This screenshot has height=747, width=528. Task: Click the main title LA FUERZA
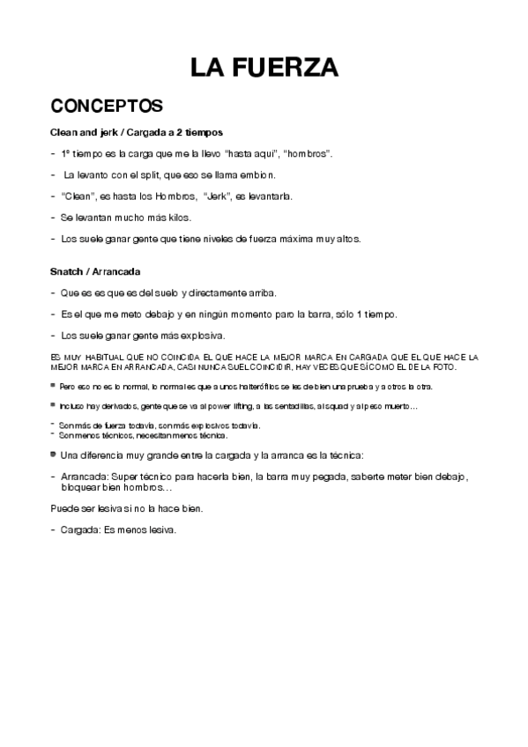point(264,67)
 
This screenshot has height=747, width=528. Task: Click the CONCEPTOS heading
point(107,107)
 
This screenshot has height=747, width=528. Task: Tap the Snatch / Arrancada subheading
point(96,271)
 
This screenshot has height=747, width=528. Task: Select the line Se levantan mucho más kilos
point(126,218)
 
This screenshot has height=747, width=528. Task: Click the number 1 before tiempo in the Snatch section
point(365,314)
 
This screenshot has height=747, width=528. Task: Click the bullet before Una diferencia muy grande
point(54,455)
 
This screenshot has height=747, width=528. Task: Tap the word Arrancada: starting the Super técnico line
point(86,477)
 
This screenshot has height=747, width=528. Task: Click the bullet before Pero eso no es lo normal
point(54,387)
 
